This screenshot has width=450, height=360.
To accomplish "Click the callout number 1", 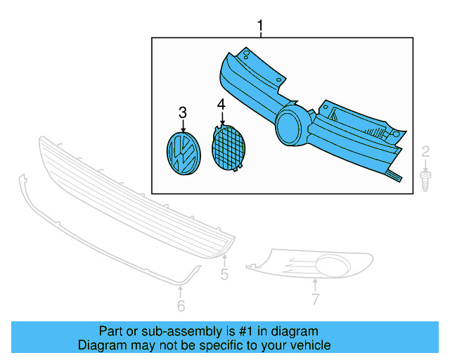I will point(260,27).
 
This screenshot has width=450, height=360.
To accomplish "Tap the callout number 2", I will point(425,151).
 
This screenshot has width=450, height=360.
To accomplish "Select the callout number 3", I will point(183,112).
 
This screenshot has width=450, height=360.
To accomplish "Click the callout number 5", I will point(224,274).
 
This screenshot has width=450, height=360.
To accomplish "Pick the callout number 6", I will point(181,306).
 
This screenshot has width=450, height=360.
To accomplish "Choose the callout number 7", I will point(315,300).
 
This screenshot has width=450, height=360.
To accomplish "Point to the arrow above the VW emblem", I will point(183,127).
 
